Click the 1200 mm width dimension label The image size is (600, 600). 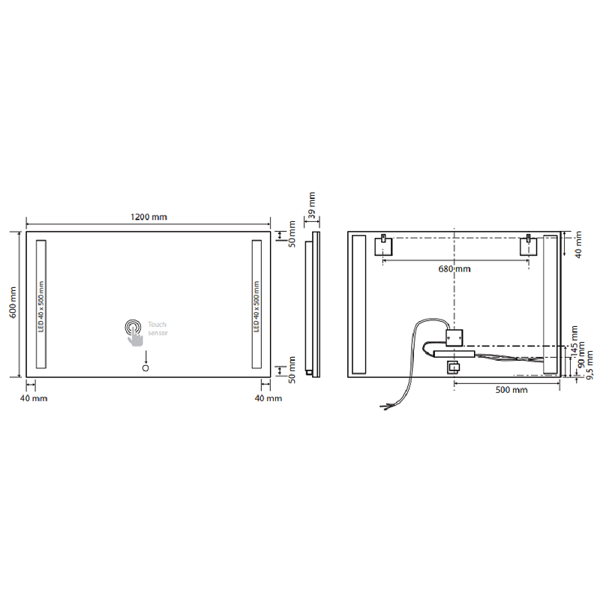pyautogui.click(x=148, y=217)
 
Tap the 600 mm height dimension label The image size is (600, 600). pyautogui.click(x=13, y=302)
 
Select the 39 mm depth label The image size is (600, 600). pyautogui.click(x=312, y=205)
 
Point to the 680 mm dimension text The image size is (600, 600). pyautogui.click(x=454, y=269)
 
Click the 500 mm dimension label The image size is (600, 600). pyautogui.click(x=511, y=390)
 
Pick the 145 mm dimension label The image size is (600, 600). pyautogui.click(x=574, y=341)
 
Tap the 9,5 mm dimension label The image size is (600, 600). pyautogui.click(x=589, y=365)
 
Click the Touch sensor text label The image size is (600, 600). pyautogui.click(x=157, y=328)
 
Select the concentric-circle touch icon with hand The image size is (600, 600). pyautogui.click(x=133, y=333)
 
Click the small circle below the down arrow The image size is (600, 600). pyautogui.click(x=145, y=368)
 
